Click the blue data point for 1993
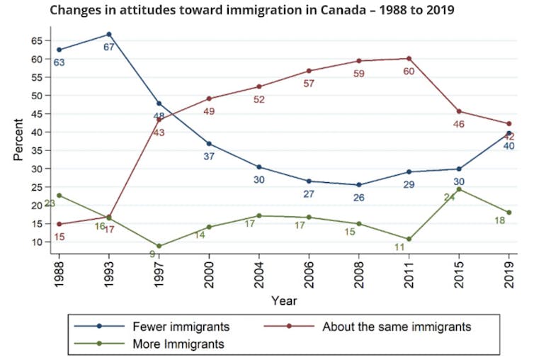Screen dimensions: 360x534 (109, 34)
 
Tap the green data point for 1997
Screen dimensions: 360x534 (159, 246)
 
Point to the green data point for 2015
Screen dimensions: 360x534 (459, 189)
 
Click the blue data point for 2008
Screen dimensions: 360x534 (359, 185)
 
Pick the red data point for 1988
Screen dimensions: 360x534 (59, 224)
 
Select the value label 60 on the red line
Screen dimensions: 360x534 (409, 71)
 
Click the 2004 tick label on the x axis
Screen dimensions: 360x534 (259, 271)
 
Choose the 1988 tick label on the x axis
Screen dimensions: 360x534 (59, 271)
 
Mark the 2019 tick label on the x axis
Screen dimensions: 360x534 (509, 271)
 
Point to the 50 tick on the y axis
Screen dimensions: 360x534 (38, 96)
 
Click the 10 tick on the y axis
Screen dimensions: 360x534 (38, 242)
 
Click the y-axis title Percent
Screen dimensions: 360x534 (18, 141)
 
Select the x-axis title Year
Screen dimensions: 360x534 (283, 300)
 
